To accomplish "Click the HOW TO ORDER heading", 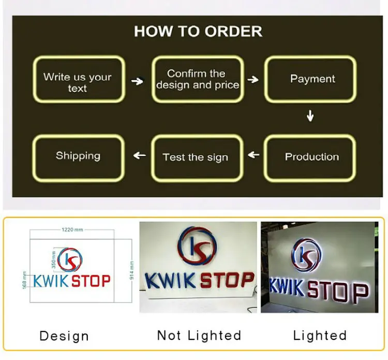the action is [x=198, y=31].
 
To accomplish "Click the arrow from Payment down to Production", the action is [x=310, y=116].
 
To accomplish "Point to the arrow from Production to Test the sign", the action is [x=253, y=155].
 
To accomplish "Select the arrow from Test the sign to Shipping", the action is [x=140, y=155].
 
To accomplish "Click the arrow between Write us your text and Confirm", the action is [x=137, y=81].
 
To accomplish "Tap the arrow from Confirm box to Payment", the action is [x=253, y=80].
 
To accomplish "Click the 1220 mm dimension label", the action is [x=72, y=229].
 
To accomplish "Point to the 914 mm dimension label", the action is [x=131, y=270].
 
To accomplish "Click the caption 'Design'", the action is [x=64, y=336].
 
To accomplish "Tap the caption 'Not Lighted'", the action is [x=199, y=336].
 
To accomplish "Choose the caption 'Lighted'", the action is [x=320, y=336].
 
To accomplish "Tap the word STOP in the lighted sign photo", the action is [x=338, y=293].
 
